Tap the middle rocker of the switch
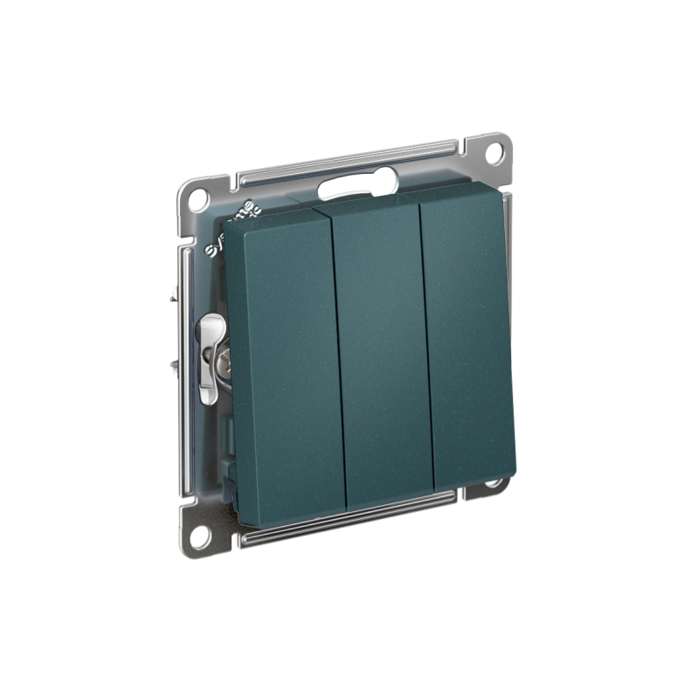(x=382, y=349)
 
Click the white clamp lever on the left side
(x=208, y=358)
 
